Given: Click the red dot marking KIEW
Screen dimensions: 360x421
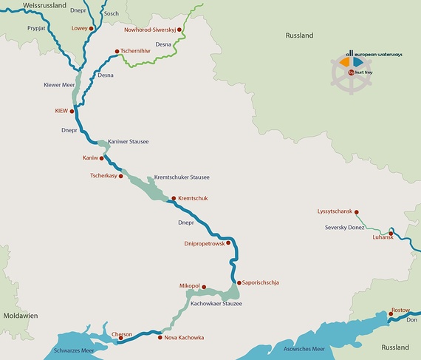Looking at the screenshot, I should pyautogui.click(x=72, y=112).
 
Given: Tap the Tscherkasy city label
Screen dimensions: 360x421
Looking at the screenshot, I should pyautogui.click(x=103, y=176).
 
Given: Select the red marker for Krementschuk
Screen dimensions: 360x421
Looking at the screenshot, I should pyautogui.click(x=173, y=198).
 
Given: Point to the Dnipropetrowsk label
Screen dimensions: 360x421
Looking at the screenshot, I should pyautogui.click(x=203, y=243).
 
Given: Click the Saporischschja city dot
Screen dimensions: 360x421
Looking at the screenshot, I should pyautogui.click(x=239, y=282).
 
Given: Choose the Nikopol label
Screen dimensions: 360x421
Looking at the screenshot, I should pyautogui.click(x=190, y=286).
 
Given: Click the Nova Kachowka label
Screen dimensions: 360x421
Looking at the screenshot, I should pyautogui.click(x=184, y=338).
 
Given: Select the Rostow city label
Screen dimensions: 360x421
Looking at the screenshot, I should pyautogui.click(x=401, y=310).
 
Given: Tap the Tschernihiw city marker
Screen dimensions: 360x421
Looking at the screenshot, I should pyautogui.click(x=117, y=51).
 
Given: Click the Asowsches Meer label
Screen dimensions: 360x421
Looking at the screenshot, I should pyautogui.click(x=299, y=349).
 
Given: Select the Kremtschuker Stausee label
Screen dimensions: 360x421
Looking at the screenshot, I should pyautogui.click(x=181, y=177).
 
